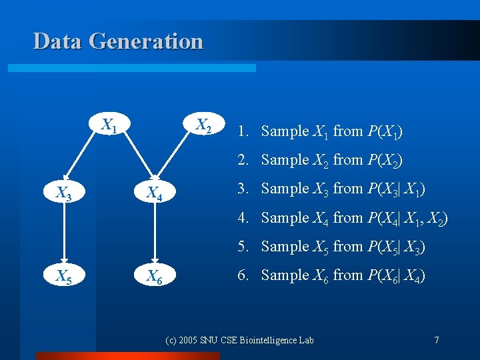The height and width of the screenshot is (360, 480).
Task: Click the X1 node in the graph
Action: (x=109, y=125)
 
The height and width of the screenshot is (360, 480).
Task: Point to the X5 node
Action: (x=63, y=275)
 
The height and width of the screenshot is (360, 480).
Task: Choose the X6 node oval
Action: (x=155, y=275)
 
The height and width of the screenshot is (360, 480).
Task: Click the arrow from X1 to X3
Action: (x=85, y=161)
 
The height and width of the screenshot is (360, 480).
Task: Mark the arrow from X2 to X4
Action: (x=177, y=161)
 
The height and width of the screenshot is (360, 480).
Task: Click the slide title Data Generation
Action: (x=118, y=41)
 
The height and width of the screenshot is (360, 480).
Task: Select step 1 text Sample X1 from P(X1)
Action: (x=319, y=131)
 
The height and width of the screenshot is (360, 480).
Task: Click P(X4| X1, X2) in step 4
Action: (x=407, y=218)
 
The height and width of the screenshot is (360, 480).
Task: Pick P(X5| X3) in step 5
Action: (x=396, y=247)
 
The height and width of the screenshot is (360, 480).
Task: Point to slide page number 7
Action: (x=436, y=340)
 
